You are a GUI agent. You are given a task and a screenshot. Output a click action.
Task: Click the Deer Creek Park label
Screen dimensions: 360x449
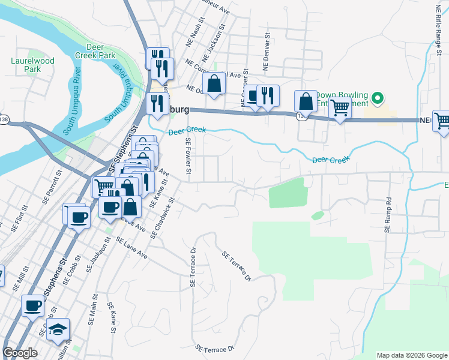[100, 50]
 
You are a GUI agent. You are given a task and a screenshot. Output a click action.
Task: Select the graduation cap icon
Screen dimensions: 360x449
[58, 329]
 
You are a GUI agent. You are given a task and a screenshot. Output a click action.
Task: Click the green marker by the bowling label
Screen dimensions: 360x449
[377, 97]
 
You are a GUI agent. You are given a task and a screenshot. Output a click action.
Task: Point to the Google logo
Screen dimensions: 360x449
[20, 353]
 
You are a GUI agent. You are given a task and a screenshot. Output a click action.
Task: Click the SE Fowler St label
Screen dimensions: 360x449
[188, 157]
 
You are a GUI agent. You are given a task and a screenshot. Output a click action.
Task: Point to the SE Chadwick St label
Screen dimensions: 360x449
[162, 218]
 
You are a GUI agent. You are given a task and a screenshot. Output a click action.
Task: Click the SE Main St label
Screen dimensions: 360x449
[95, 305]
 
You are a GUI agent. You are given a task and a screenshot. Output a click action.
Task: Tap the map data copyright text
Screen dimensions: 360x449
[412, 355]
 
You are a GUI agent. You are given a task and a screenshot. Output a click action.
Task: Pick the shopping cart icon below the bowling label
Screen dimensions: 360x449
[340, 109]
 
